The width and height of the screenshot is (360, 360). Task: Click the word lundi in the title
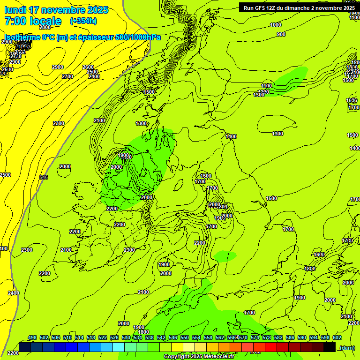[x=15, y=10]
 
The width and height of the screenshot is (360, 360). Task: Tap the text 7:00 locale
[x=33, y=21]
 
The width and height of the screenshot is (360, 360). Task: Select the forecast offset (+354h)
[x=83, y=21]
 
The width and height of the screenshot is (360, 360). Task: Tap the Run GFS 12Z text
[x=259, y=7]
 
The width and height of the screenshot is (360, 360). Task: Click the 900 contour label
[x=281, y=34]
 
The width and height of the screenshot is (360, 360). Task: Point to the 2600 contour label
[x=88, y=67]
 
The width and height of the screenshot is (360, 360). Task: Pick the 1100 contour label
[x=267, y=86]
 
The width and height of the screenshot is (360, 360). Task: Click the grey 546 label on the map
[x=44, y=177]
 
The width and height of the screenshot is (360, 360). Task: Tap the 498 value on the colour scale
[x=32, y=337]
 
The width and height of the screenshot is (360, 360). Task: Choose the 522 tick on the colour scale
[x=103, y=337]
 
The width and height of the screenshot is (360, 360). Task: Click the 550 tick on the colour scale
[x=185, y=337]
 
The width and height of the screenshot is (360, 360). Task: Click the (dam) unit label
[x=347, y=347]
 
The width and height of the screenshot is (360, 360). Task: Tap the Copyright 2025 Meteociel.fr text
[x=199, y=357]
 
